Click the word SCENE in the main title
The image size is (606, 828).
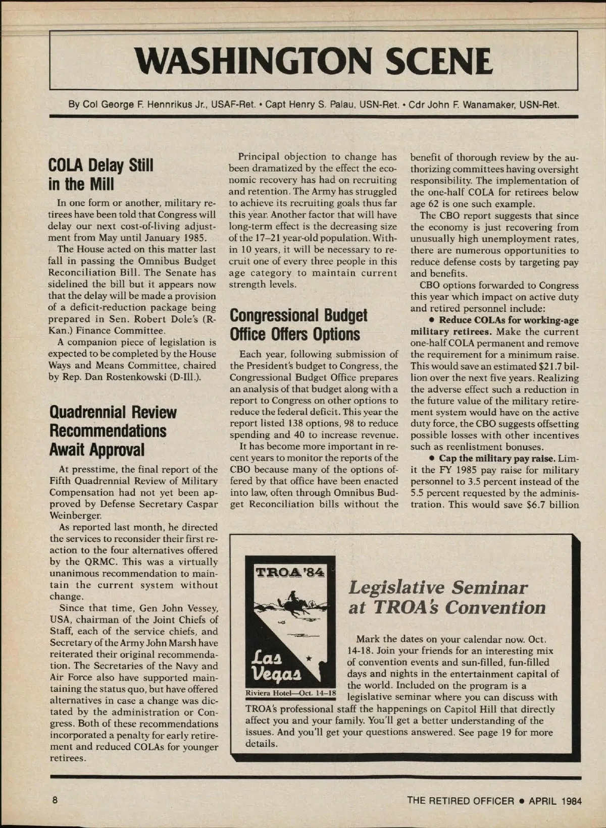click(438, 61)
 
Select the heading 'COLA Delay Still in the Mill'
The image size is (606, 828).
click(100, 175)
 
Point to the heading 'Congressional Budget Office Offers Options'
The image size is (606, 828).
click(298, 325)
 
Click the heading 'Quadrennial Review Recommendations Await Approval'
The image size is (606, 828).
click(113, 431)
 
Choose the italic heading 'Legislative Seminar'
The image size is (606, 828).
click(437, 588)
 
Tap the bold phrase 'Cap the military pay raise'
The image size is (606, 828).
click(497, 459)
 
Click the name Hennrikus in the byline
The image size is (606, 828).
click(163, 105)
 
